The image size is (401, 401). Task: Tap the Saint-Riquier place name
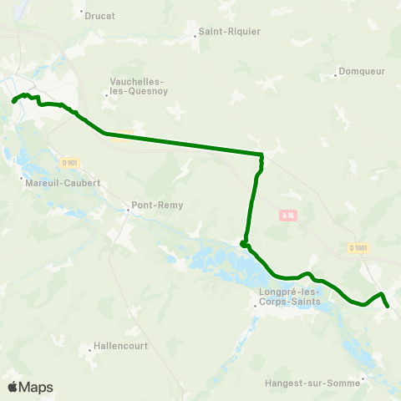tap(230, 32)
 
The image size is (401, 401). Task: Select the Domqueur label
tap(363, 71)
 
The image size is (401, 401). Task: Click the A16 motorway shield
tap(288, 215)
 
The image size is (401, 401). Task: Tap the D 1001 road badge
tap(358, 247)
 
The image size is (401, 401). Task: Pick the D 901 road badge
tap(69, 162)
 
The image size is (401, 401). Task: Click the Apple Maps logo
tap(30, 387)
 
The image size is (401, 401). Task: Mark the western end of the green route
tap(13, 101)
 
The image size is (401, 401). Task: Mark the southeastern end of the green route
tap(388, 307)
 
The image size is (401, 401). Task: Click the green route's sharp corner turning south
tap(261, 155)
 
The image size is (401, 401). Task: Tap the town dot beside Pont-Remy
tap(127, 210)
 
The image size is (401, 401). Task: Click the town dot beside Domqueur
tap(335, 71)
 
